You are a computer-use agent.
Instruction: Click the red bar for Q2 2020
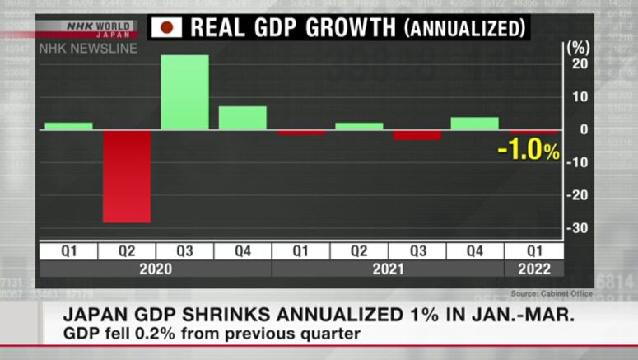pyautogui.click(x=127, y=175)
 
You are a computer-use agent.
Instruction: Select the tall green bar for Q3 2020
pyautogui.click(x=184, y=92)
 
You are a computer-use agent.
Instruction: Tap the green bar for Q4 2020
pyautogui.click(x=242, y=118)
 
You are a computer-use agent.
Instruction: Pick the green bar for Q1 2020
pyautogui.click(x=68, y=126)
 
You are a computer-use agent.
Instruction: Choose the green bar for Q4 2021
pyautogui.click(x=474, y=124)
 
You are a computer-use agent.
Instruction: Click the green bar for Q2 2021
pyautogui.click(x=359, y=126)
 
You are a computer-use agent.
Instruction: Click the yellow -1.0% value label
pyautogui.click(x=529, y=152)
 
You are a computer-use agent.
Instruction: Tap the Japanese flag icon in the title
pyautogui.click(x=167, y=28)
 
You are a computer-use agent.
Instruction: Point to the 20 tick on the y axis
pyautogui.click(x=580, y=64)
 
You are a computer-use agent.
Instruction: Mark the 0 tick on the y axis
pyautogui.click(x=584, y=129)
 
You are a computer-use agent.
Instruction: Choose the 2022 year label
pyautogui.click(x=533, y=269)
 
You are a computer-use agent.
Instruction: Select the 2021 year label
pyautogui.click(x=387, y=269)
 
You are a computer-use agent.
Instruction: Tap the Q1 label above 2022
pyautogui.click(x=533, y=250)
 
